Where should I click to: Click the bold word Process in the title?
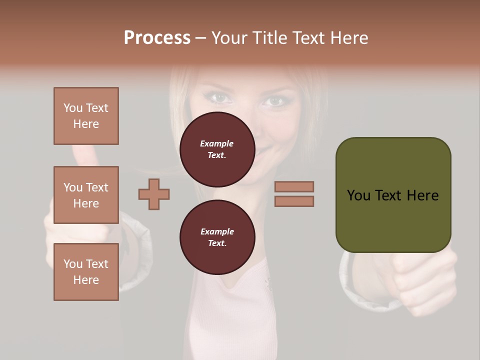157,38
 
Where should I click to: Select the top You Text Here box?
86,116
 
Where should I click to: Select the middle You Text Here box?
86,195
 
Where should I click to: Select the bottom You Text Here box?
86,272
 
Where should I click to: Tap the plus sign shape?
154,194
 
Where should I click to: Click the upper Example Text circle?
217,149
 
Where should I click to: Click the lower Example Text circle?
217,237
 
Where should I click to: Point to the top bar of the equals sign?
294,186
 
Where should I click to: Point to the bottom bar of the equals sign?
294,201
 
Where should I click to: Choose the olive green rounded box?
393,195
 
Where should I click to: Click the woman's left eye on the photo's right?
274,101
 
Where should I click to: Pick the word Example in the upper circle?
217,143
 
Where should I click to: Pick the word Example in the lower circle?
217,231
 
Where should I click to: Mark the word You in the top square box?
73,108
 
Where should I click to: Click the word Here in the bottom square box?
86,280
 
